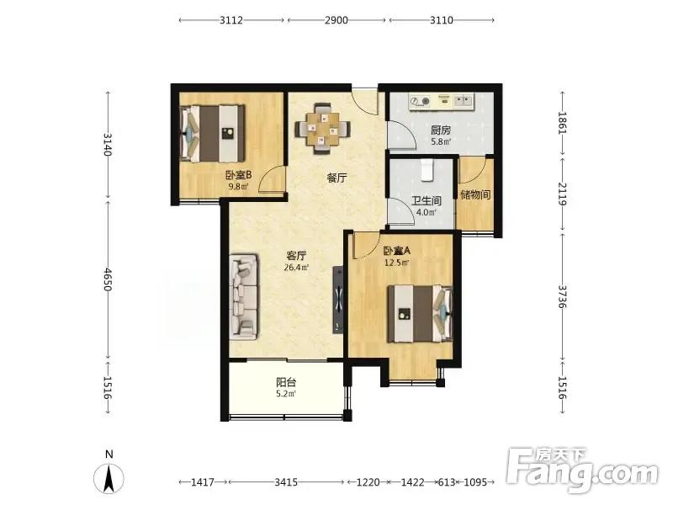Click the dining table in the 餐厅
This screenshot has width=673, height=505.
322,129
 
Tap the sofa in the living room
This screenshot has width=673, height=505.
244,297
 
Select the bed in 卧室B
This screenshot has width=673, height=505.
213,134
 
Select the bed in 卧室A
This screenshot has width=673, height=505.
420,314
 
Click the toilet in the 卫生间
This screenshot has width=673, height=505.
427,170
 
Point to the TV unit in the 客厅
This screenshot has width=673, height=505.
338,300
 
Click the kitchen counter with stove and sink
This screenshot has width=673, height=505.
441,101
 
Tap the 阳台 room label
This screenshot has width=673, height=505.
286,382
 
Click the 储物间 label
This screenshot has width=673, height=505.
475,194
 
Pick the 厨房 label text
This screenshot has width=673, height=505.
441,130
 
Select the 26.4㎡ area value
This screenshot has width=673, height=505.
296,267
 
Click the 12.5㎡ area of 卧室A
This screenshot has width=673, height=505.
396,263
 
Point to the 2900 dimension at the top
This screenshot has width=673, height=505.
336,20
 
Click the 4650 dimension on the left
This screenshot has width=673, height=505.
108,279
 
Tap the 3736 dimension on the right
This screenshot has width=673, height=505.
562,297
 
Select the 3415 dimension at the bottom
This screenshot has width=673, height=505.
286,482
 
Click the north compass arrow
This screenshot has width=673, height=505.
109,478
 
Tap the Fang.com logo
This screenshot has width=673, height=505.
582,470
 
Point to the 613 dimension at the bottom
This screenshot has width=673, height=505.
447,482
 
